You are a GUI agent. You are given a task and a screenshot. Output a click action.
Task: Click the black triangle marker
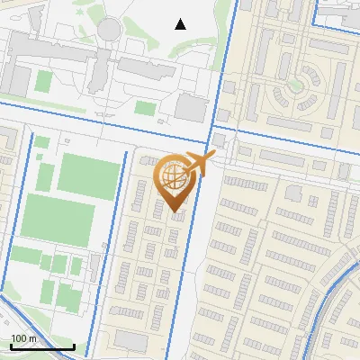tap(181, 23)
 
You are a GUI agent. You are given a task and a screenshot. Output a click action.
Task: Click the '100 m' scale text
tap(23, 338)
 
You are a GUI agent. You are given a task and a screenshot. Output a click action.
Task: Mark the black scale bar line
tap(42, 346)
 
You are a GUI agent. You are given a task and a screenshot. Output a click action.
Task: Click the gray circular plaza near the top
tap(109, 30)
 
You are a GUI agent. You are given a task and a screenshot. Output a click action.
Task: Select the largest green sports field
tap(87, 174)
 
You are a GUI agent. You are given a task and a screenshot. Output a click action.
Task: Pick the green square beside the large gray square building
tap(145, 108)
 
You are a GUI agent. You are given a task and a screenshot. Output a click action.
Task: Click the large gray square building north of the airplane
tap(190, 108)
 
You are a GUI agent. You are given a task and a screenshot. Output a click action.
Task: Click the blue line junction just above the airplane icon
tap(214, 137)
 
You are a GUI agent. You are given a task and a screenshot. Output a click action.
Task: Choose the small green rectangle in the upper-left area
tap(43, 80)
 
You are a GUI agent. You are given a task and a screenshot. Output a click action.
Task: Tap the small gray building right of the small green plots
tap(93, 266)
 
